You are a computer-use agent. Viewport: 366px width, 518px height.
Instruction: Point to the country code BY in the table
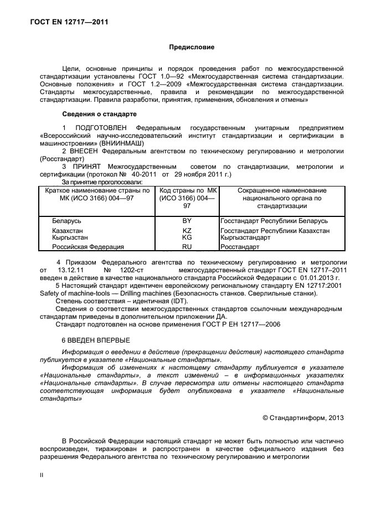point(187,221)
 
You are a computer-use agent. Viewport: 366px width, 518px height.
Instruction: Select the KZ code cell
point(187,230)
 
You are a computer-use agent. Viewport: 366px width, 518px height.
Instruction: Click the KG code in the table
point(187,237)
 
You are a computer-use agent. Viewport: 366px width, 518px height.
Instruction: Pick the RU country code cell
point(187,247)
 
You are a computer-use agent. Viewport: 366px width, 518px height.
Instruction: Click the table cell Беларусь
point(66,221)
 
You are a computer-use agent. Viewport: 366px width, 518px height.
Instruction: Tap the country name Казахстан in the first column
point(69,230)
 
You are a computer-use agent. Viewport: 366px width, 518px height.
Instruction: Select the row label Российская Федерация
point(87,247)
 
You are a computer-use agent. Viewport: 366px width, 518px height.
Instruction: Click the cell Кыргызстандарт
point(245,237)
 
